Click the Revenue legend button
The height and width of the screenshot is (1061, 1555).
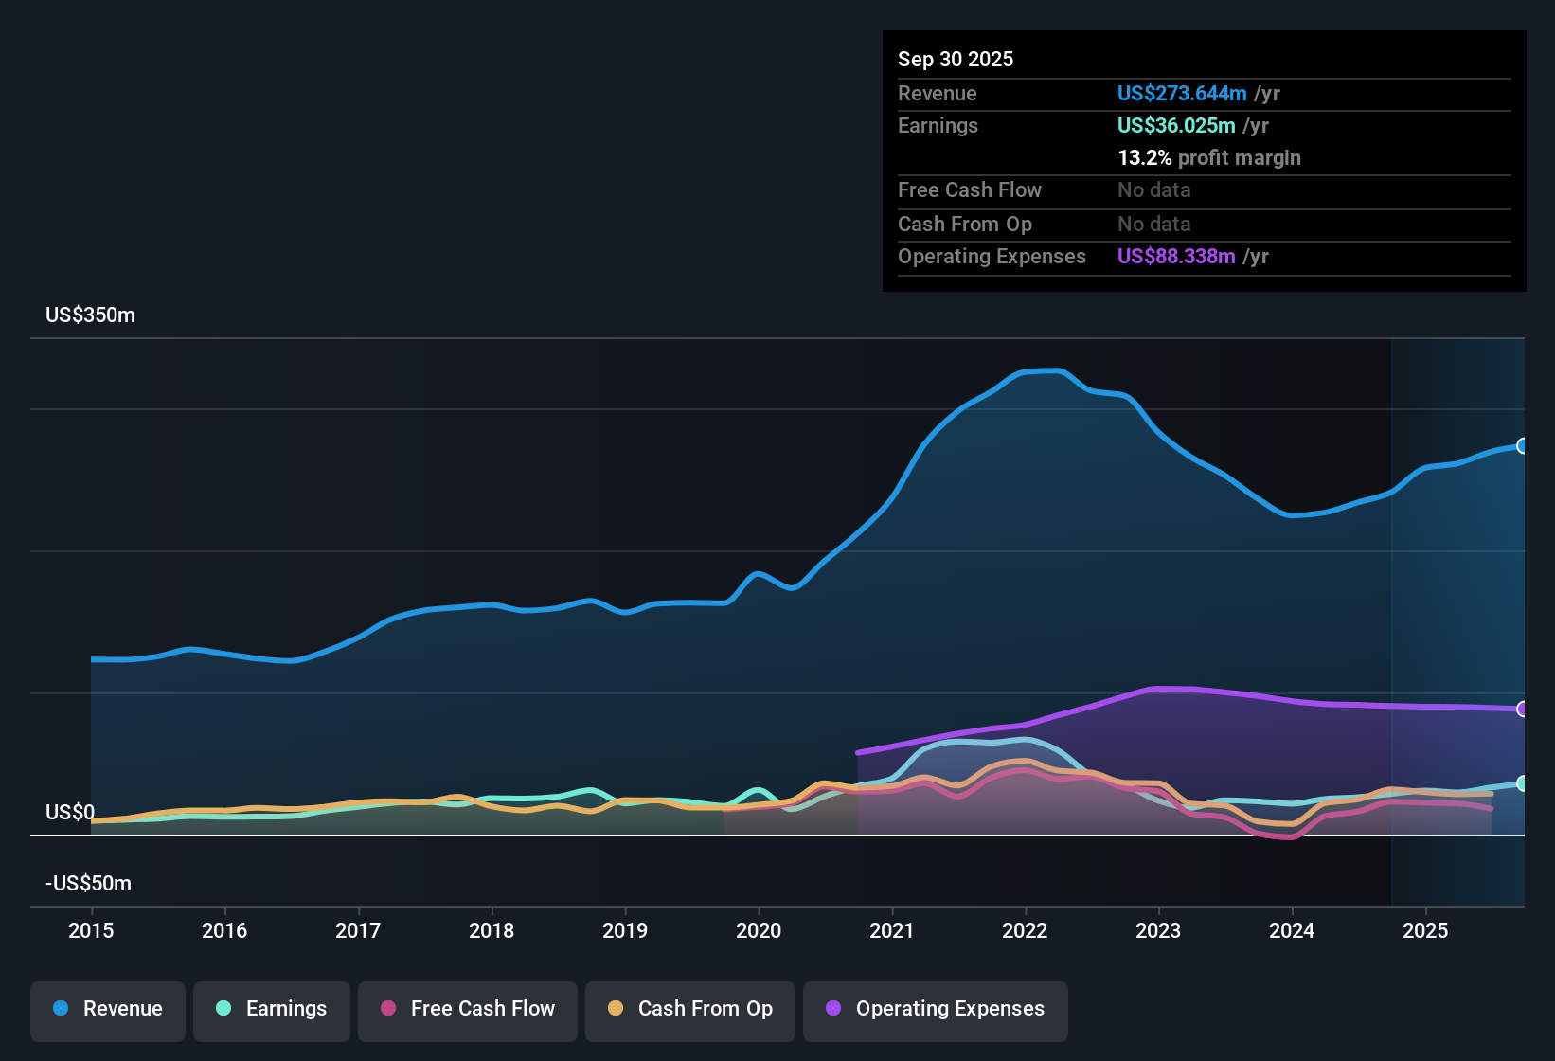coord(108,1009)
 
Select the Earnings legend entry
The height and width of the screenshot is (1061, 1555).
coord(272,1009)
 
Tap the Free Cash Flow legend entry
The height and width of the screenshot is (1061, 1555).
coord(468,1009)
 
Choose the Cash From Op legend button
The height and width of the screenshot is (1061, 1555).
coord(690,1009)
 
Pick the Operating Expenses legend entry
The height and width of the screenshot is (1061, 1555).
coord(936,1009)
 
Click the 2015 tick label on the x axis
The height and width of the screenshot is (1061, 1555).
coord(91,930)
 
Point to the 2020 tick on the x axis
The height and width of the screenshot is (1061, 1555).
coord(759,930)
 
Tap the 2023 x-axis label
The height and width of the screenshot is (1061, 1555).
coord(1158,930)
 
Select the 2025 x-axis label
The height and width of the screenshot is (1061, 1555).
coord(1425,930)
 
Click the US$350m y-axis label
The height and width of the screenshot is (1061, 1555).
coord(90,315)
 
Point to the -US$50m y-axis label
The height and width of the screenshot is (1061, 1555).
coord(88,884)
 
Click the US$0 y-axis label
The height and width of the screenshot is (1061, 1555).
coord(70,813)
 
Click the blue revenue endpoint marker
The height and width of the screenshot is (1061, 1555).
coord(1522,446)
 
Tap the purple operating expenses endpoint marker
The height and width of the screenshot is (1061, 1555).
coord(1522,709)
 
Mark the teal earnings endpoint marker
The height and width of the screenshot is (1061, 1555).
coord(1522,783)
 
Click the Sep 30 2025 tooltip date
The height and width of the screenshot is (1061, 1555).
coord(955,59)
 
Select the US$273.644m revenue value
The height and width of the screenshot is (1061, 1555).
coord(1181,93)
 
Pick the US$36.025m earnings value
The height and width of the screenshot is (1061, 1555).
coord(1175,125)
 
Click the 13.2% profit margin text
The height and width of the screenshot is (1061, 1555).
coord(1208,157)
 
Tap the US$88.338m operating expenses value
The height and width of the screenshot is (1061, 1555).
coord(1175,256)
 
